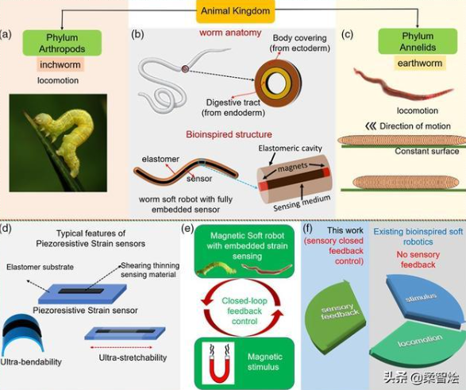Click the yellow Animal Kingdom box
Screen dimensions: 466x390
coord(235,11)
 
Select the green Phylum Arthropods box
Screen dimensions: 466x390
coord(62,43)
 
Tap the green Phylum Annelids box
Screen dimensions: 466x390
coord(418,41)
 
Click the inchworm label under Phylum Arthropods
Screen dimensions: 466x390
coord(60,64)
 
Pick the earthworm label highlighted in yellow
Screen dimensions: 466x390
coord(420,64)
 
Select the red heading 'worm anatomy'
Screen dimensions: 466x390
coord(230,33)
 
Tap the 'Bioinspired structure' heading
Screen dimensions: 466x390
coord(229,134)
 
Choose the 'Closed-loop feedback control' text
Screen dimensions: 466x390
coord(245,311)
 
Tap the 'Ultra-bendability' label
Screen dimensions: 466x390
coord(31,361)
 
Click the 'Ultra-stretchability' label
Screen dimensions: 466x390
coord(133,357)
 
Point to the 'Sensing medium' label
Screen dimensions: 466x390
coord(302,203)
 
